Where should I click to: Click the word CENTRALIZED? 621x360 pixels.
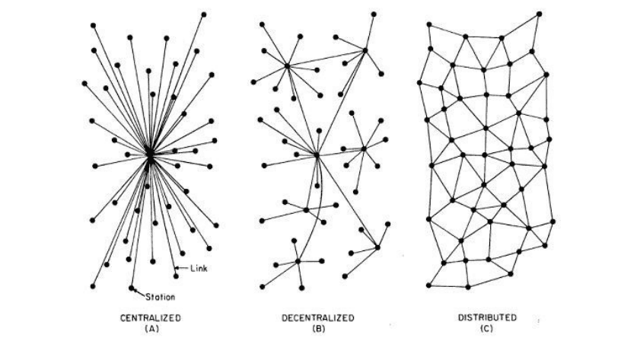pos(151,318)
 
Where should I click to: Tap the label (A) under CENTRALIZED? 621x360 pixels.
pos(151,328)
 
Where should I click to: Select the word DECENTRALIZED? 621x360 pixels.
pos(318,318)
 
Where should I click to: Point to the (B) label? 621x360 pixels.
pos(319,328)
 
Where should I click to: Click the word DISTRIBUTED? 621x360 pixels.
pos(488,317)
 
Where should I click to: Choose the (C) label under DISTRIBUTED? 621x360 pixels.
pos(486,328)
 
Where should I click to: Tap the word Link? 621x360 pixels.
pos(199,269)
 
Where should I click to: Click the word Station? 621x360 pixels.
pos(161,297)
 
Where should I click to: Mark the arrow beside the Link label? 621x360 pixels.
pos(182,268)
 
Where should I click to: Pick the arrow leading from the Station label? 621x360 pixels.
pos(139,293)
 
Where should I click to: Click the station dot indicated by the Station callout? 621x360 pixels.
pos(132,288)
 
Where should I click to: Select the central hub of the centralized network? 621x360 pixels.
pos(150,155)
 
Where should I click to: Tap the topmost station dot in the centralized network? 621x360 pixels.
pos(203,14)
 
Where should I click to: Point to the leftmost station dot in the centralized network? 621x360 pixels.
pos(84,84)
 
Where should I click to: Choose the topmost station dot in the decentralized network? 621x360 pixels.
pos(374,14)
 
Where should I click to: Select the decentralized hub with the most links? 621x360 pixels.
pos(317,155)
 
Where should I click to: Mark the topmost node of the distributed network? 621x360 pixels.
pos(539,14)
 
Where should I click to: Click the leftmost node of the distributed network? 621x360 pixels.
pos(419,83)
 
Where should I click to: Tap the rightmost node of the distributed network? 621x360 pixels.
pos(553,221)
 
